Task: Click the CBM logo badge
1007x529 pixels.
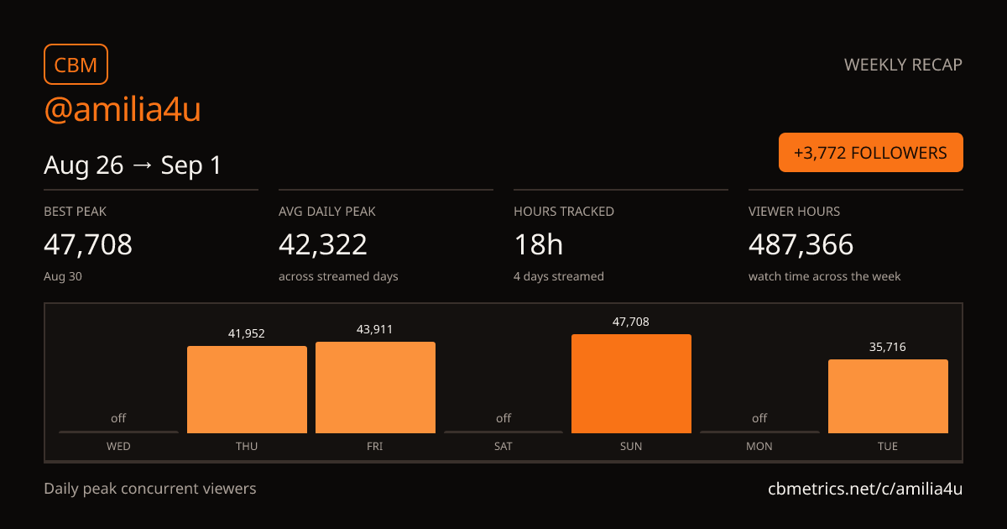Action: coord(76,65)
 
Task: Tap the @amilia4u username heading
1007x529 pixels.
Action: coord(123,109)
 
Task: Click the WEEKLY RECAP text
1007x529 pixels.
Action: coord(903,65)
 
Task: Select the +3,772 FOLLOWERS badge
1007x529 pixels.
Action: coord(871,153)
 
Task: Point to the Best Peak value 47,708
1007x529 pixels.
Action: coord(88,244)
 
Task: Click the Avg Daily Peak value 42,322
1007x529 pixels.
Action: coord(323,244)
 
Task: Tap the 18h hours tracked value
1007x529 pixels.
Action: coord(538,244)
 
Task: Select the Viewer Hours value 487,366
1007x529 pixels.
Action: coord(801,244)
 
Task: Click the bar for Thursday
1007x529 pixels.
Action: coord(247,390)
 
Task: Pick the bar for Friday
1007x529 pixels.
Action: coord(375,387)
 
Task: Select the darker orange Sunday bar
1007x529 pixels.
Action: coord(631,384)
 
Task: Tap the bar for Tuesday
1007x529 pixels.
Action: coord(888,396)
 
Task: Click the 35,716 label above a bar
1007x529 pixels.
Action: coord(888,347)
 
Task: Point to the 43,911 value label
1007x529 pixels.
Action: coord(374,329)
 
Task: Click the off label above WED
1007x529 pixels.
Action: coord(118,418)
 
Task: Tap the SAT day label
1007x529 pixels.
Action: coord(503,446)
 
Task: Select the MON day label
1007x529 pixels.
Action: coord(759,446)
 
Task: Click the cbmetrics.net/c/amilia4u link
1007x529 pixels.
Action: coord(865,489)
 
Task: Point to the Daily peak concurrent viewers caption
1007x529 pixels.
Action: coord(149,489)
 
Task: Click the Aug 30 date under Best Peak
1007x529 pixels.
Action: coord(63,276)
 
